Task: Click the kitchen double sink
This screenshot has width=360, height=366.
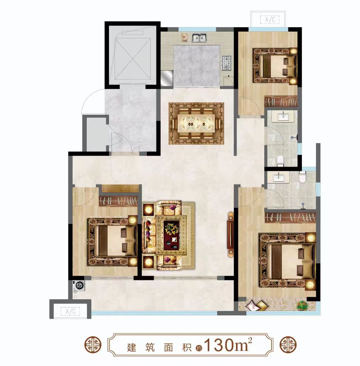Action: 199,38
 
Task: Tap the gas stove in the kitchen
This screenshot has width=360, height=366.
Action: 226,63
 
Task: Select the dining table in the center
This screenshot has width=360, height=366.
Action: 196,123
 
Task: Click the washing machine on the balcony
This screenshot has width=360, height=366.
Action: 79,285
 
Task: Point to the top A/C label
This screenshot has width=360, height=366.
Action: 270,20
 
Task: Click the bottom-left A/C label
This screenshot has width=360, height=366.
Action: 70,311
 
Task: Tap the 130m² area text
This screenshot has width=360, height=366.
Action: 228,345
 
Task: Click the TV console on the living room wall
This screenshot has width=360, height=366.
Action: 230,234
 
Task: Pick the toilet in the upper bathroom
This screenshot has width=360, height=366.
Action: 280,161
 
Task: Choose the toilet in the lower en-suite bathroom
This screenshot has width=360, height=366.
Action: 302,177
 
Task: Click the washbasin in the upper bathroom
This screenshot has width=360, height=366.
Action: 283,116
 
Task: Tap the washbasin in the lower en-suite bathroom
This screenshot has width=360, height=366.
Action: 278,178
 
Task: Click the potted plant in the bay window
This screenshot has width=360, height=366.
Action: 302,305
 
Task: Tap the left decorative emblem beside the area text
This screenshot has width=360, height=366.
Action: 93,345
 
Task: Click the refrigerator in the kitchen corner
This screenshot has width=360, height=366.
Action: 167,78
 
